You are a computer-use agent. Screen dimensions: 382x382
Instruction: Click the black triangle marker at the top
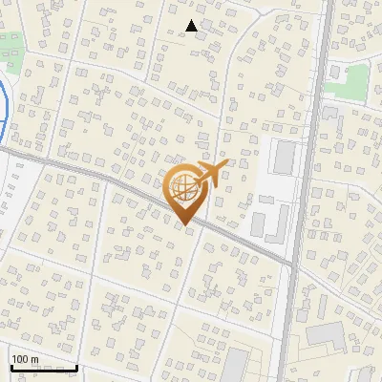[192, 26]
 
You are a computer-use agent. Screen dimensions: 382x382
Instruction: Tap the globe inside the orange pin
[182, 186]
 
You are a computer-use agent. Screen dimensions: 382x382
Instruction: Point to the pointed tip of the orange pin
[183, 224]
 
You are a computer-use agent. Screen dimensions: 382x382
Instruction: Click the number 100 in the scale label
[19, 359]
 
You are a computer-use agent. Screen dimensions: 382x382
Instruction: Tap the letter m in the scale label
[34, 359]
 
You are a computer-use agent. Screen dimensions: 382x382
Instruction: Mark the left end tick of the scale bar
[11, 367]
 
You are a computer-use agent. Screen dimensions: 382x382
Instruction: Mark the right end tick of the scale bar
[77, 367]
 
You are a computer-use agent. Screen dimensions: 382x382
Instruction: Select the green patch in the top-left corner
[12, 53]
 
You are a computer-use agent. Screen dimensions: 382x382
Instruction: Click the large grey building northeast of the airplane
[283, 158]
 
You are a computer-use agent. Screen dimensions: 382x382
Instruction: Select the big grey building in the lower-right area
[327, 334]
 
